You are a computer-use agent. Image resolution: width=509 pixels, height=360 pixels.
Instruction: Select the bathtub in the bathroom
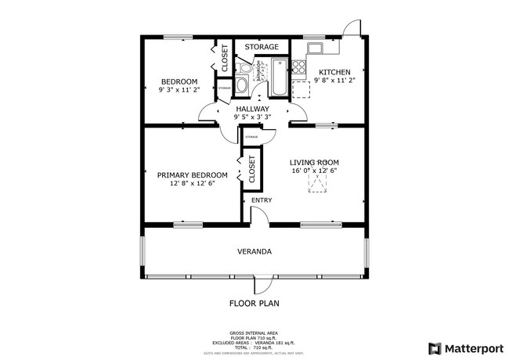(x=279, y=78)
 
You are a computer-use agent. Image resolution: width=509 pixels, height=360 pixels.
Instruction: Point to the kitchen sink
(x=316, y=49)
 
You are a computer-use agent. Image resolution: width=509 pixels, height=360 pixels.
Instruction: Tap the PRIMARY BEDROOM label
(x=192, y=175)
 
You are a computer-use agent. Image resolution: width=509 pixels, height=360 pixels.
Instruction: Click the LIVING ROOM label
(x=314, y=162)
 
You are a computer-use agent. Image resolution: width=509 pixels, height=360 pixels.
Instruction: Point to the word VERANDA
(x=254, y=252)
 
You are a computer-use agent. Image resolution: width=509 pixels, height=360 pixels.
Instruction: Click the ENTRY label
(x=262, y=200)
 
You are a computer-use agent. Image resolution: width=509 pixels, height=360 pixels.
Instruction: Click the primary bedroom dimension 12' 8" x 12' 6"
(x=192, y=184)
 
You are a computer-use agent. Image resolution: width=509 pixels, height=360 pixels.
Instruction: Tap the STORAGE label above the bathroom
(x=261, y=47)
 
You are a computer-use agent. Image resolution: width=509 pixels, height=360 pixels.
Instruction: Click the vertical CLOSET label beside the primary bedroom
(x=252, y=170)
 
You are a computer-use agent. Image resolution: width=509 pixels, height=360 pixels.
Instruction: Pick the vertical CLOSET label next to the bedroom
(x=223, y=57)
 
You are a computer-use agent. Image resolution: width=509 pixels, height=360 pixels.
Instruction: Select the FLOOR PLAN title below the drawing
(x=254, y=303)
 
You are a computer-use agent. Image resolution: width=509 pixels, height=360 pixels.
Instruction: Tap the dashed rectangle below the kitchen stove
(x=301, y=86)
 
